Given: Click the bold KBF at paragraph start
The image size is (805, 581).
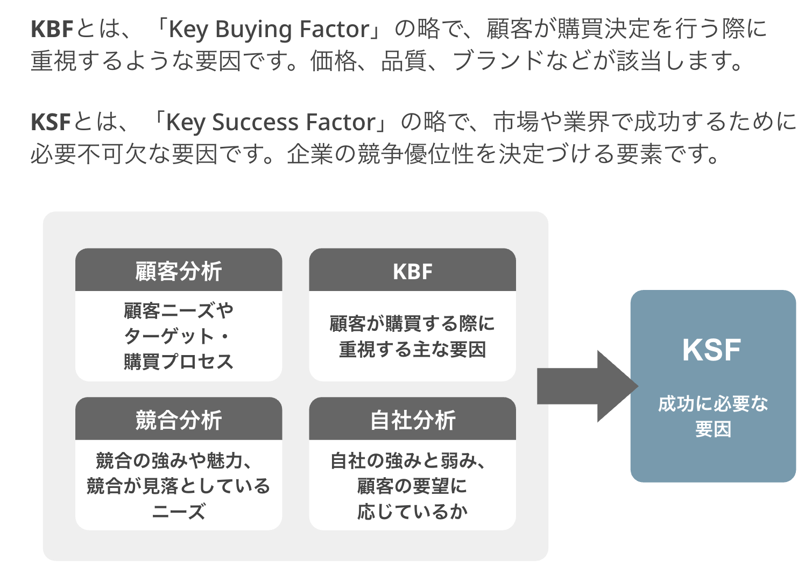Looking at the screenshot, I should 52,29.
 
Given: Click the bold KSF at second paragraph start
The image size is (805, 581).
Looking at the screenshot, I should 51,122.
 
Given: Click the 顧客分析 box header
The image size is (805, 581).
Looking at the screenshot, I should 179,271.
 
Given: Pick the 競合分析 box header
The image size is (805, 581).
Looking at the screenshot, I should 179,420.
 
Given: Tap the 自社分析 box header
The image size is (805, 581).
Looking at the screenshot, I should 412,420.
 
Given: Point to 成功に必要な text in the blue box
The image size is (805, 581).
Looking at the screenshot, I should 712,403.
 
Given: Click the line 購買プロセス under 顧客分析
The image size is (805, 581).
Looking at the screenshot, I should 179,361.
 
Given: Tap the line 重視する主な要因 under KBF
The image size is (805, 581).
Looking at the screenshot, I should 412,349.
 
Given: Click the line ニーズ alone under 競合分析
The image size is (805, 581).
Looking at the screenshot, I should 179,511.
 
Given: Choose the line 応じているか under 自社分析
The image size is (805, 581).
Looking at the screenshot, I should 412,511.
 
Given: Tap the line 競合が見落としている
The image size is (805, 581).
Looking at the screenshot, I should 179,486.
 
